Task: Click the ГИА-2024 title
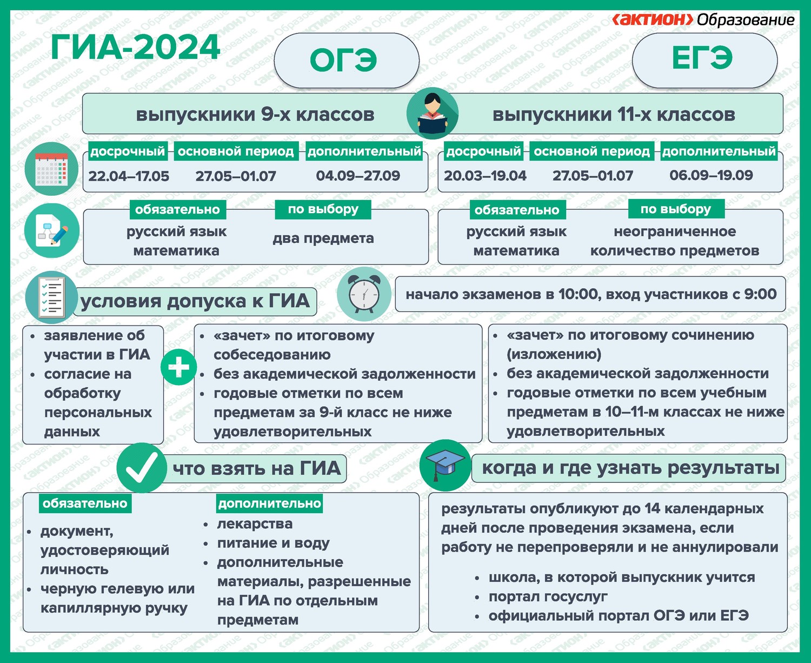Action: pyautogui.click(x=135, y=47)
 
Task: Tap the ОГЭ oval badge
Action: pyautogui.click(x=347, y=61)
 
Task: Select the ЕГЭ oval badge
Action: pyautogui.click(x=704, y=59)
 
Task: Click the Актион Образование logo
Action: pyautogui.click(x=703, y=19)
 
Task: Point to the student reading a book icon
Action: pyautogui.click(x=432, y=114)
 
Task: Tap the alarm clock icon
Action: pyautogui.click(x=364, y=294)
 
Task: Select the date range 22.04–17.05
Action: pyautogui.click(x=129, y=176)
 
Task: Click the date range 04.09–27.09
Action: pyautogui.click(x=358, y=176)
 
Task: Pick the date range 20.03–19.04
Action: pyautogui.click(x=485, y=176)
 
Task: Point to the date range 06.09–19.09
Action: pyautogui.click(x=711, y=175)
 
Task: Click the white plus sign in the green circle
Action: pyautogui.click(x=179, y=367)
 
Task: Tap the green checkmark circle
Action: pyautogui.click(x=142, y=468)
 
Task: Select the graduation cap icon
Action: pyautogui.click(x=446, y=465)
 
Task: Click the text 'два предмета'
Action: pyautogui.click(x=323, y=238)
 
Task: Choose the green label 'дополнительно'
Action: pyautogui.click(x=270, y=503)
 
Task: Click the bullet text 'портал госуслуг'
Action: pyautogui.click(x=548, y=596)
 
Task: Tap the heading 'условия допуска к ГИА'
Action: pyautogui.click(x=195, y=301)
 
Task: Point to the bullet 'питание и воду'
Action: pyautogui.click(x=274, y=543)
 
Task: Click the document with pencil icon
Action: pyautogui.click(x=51, y=230)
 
